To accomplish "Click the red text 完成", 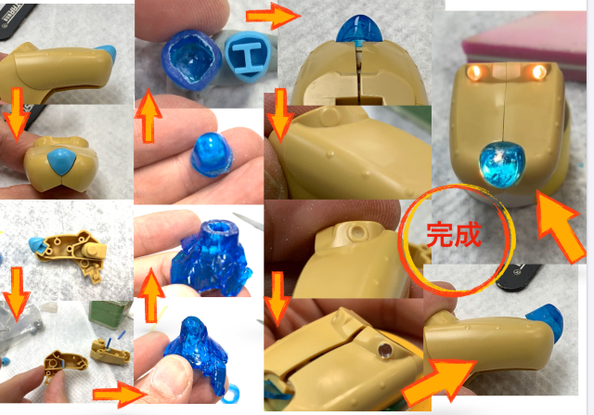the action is [x=454, y=236].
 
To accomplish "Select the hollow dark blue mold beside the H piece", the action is [x=191, y=59].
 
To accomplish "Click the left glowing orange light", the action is [x=473, y=71].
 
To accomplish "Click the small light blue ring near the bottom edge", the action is [x=231, y=395].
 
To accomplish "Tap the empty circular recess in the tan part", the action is [x=356, y=231].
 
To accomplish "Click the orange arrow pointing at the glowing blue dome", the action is [x=559, y=226].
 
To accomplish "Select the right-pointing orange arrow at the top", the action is [x=273, y=16].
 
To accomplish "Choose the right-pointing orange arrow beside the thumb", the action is [x=119, y=395].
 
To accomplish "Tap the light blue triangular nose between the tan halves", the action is [x=62, y=162].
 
